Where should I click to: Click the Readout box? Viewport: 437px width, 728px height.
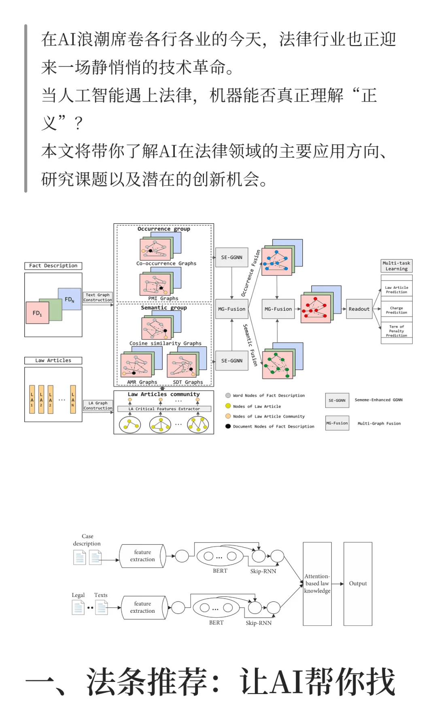pyautogui.click(x=359, y=309)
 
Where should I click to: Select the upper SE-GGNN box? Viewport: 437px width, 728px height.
pyautogui.click(x=231, y=257)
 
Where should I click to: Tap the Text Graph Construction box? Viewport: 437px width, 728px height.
pyautogui.click(x=98, y=297)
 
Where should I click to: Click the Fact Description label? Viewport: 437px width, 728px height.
pyautogui.click(x=53, y=266)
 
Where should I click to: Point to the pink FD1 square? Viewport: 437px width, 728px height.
pyautogui.click(x=37, y=313)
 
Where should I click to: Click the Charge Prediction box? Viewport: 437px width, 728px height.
pyautogui.click(x=396, y=310)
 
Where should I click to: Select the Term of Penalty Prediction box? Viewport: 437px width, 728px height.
pyautogui.click(x=396, y=331)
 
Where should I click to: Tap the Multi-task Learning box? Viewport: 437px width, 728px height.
pyautogui.click(x=396, y=266)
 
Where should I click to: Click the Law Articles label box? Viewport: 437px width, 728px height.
pyautogui.click(x=53, y=360)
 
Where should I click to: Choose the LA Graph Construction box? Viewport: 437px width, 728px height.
pyautogui.click(x=98, y=406)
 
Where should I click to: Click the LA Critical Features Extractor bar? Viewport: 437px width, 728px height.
pyautogui.click(x=164, y=409)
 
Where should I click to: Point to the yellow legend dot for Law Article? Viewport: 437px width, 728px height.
pyautogui.click(x=228, y=406)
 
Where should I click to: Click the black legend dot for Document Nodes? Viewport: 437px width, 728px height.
pyautogui.click(x=228, y=426)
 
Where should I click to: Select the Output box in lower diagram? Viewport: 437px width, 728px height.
pyautogui.click(x=358, y=584)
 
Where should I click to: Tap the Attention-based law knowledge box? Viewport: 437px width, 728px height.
pyautogui.click(x=317, y=584)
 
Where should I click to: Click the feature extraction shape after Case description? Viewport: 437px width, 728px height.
pyautogui.click(x=142, y=556)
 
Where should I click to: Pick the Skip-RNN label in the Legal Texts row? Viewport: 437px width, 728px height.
pyautogui.click(x=259, y=623)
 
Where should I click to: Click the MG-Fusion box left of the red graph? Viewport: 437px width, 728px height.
pyautogui.click(x=278, y=309)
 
